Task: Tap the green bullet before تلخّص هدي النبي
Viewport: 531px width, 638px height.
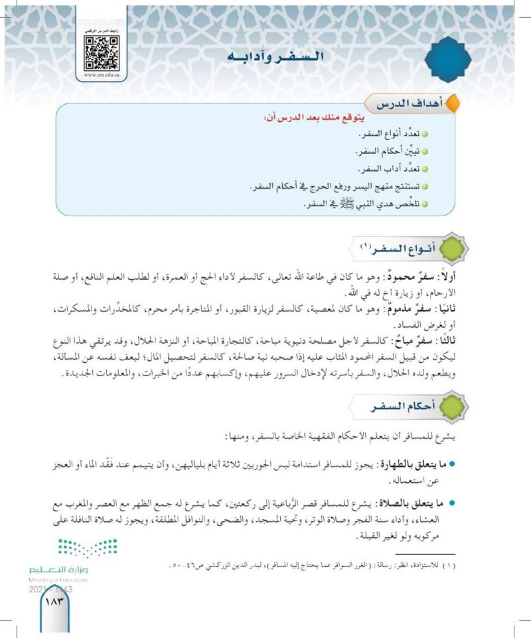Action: [x=425, y=205]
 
